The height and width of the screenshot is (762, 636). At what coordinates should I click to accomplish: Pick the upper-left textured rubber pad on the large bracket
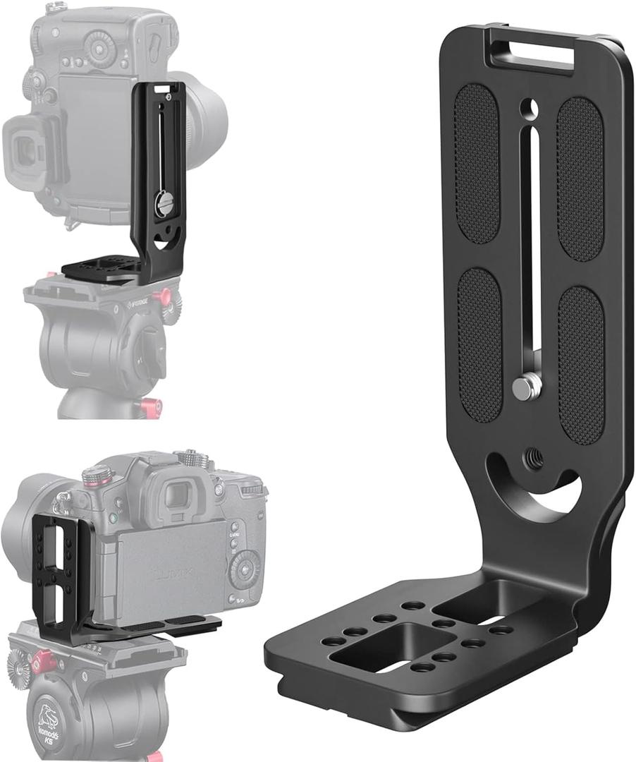(x=477, y=164)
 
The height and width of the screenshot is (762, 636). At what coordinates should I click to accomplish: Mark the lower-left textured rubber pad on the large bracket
(x=479, y=344)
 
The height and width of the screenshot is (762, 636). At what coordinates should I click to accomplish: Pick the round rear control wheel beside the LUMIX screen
(x=243, y=567)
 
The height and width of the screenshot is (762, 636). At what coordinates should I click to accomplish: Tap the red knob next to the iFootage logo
(x=165, y=297)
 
